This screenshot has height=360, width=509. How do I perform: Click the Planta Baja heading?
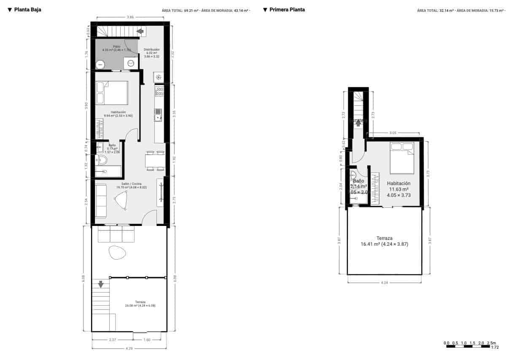27,9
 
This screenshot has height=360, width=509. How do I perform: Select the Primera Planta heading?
287,9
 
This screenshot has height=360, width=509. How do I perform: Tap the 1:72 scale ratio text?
494,347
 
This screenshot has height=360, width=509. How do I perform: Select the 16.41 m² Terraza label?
384,241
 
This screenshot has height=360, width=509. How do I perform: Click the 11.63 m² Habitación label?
399,189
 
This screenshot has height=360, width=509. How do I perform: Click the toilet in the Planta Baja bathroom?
102,160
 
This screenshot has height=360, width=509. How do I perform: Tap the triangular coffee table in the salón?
121,200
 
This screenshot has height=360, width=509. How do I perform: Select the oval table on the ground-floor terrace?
117,253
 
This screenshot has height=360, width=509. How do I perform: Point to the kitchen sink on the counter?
158,115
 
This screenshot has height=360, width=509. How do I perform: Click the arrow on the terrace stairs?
100,284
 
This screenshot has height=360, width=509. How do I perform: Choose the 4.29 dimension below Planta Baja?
129,349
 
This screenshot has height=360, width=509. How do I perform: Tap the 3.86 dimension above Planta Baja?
130,17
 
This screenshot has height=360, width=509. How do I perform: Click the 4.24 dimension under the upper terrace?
384,282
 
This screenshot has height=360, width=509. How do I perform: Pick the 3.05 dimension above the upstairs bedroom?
393,133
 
